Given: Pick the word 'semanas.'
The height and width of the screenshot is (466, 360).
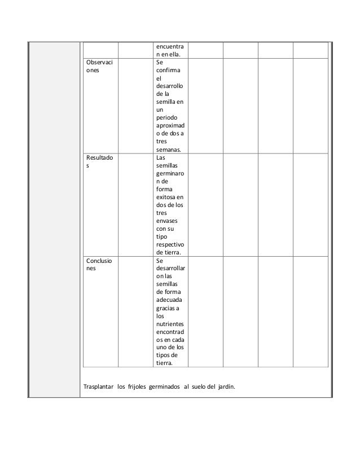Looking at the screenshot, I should tap(169, 150).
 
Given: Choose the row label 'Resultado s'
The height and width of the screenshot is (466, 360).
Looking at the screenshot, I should tap(98, 163).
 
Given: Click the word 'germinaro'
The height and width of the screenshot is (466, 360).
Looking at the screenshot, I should tap(172, 175).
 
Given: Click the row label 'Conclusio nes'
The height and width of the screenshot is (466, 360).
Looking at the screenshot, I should tap(98, 266).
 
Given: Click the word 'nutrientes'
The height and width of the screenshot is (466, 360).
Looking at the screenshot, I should tap(172, 327).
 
